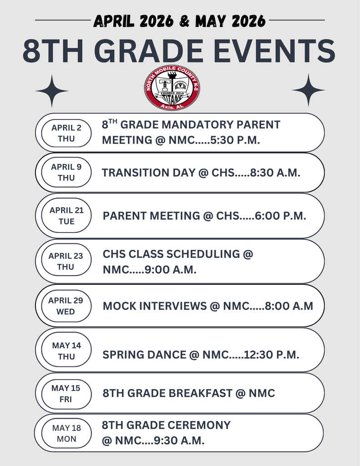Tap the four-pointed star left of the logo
tap(51, 91)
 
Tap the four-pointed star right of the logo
tap(308, 90)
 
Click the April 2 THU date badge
tap(66, 133)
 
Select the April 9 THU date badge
tap(66, 172)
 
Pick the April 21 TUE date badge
tap(66, 216)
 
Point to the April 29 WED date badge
tap(66, 306)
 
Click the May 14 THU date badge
tap(66, 351)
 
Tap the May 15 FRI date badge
tap(66, 394)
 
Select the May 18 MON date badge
tap(66, 433)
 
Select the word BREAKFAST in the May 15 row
tap(202, 393)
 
